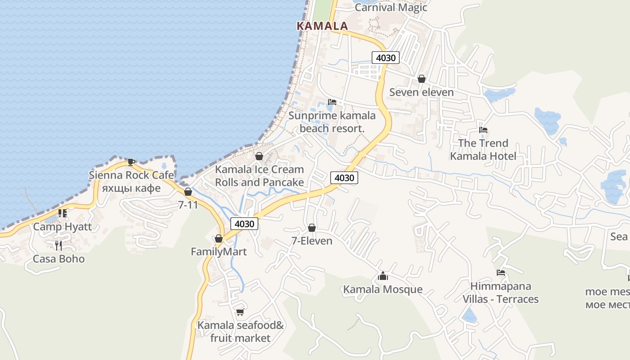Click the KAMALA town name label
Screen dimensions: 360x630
(x=322, y=26)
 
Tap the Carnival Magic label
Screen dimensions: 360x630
(x=391, y=7)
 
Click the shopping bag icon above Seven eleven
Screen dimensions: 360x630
(x=421, y=79)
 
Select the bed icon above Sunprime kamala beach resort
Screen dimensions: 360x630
(x=332, y=102)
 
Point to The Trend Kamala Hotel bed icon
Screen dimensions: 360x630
(x=483, y=130)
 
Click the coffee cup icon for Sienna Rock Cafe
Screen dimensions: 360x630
(x=131, y=162)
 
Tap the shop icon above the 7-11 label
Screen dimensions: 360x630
(x=188, y=192)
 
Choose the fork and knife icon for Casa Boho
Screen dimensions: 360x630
(x=58, y=245)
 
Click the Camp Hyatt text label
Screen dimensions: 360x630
(x=63, y=226)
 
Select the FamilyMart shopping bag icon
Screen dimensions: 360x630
(x=219, y=238)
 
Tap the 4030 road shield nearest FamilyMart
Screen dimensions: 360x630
(x=244, y=223)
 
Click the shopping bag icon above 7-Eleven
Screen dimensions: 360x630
(x=311, y=228)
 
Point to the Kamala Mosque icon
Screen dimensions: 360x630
(x=383, y=276)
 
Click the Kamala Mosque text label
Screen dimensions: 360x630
(x=383, y=289)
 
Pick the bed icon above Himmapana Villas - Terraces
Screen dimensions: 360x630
(x=500, y=273)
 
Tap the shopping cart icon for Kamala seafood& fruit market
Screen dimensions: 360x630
(x=240, y=312)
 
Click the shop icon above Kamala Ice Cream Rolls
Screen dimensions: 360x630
(x=259, y=156)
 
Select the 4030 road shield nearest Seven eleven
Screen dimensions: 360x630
(x=386, y=58)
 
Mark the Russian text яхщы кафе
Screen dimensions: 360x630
(x=131, y=188)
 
